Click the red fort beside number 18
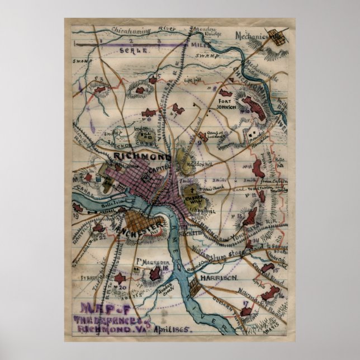[154, 274]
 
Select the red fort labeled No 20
[119, 278]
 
